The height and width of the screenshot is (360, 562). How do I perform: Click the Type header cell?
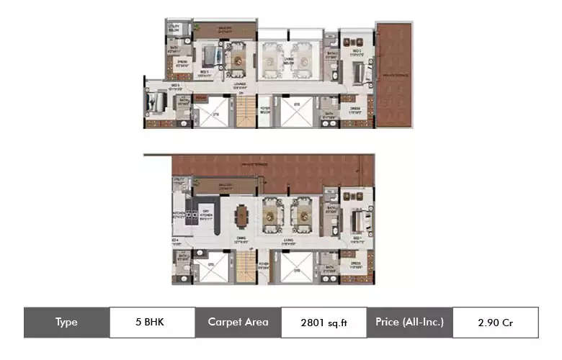pyautogui.click(x=66, y=323)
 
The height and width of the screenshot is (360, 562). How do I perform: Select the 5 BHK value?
pyautogui.click(x=151, y=323)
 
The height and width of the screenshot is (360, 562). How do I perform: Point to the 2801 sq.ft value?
pyautogui.click(x=324, y=323)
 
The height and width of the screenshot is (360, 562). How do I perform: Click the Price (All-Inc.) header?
pyautogui.click(x=409, y=323)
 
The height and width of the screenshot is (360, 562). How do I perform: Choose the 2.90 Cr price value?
pyautogui.click(x=495, y=323)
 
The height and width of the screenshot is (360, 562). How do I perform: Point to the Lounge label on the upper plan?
pyautogui.click(x=230, y=86)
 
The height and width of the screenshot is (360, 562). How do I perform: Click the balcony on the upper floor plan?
pyautogui.click(x=225, y=31)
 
